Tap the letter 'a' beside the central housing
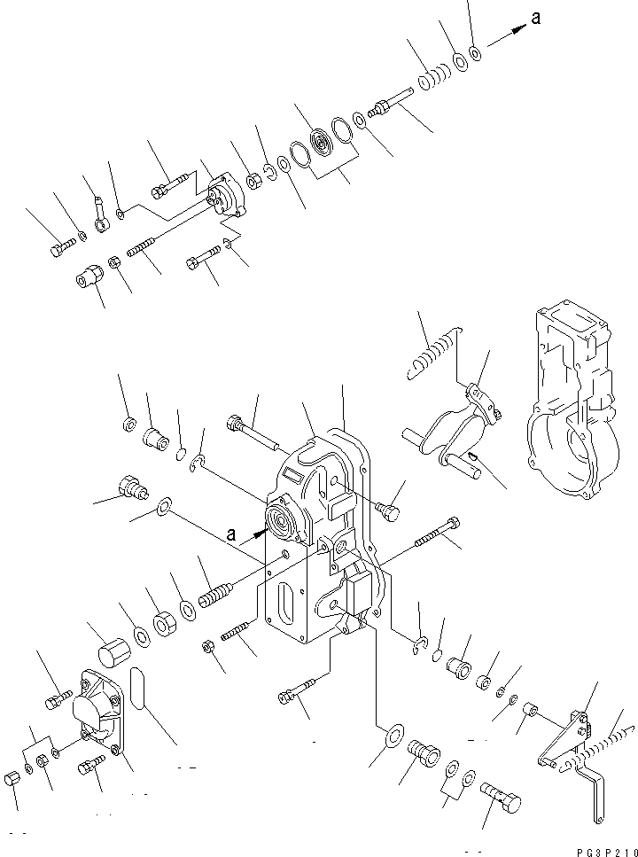[233, 534]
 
